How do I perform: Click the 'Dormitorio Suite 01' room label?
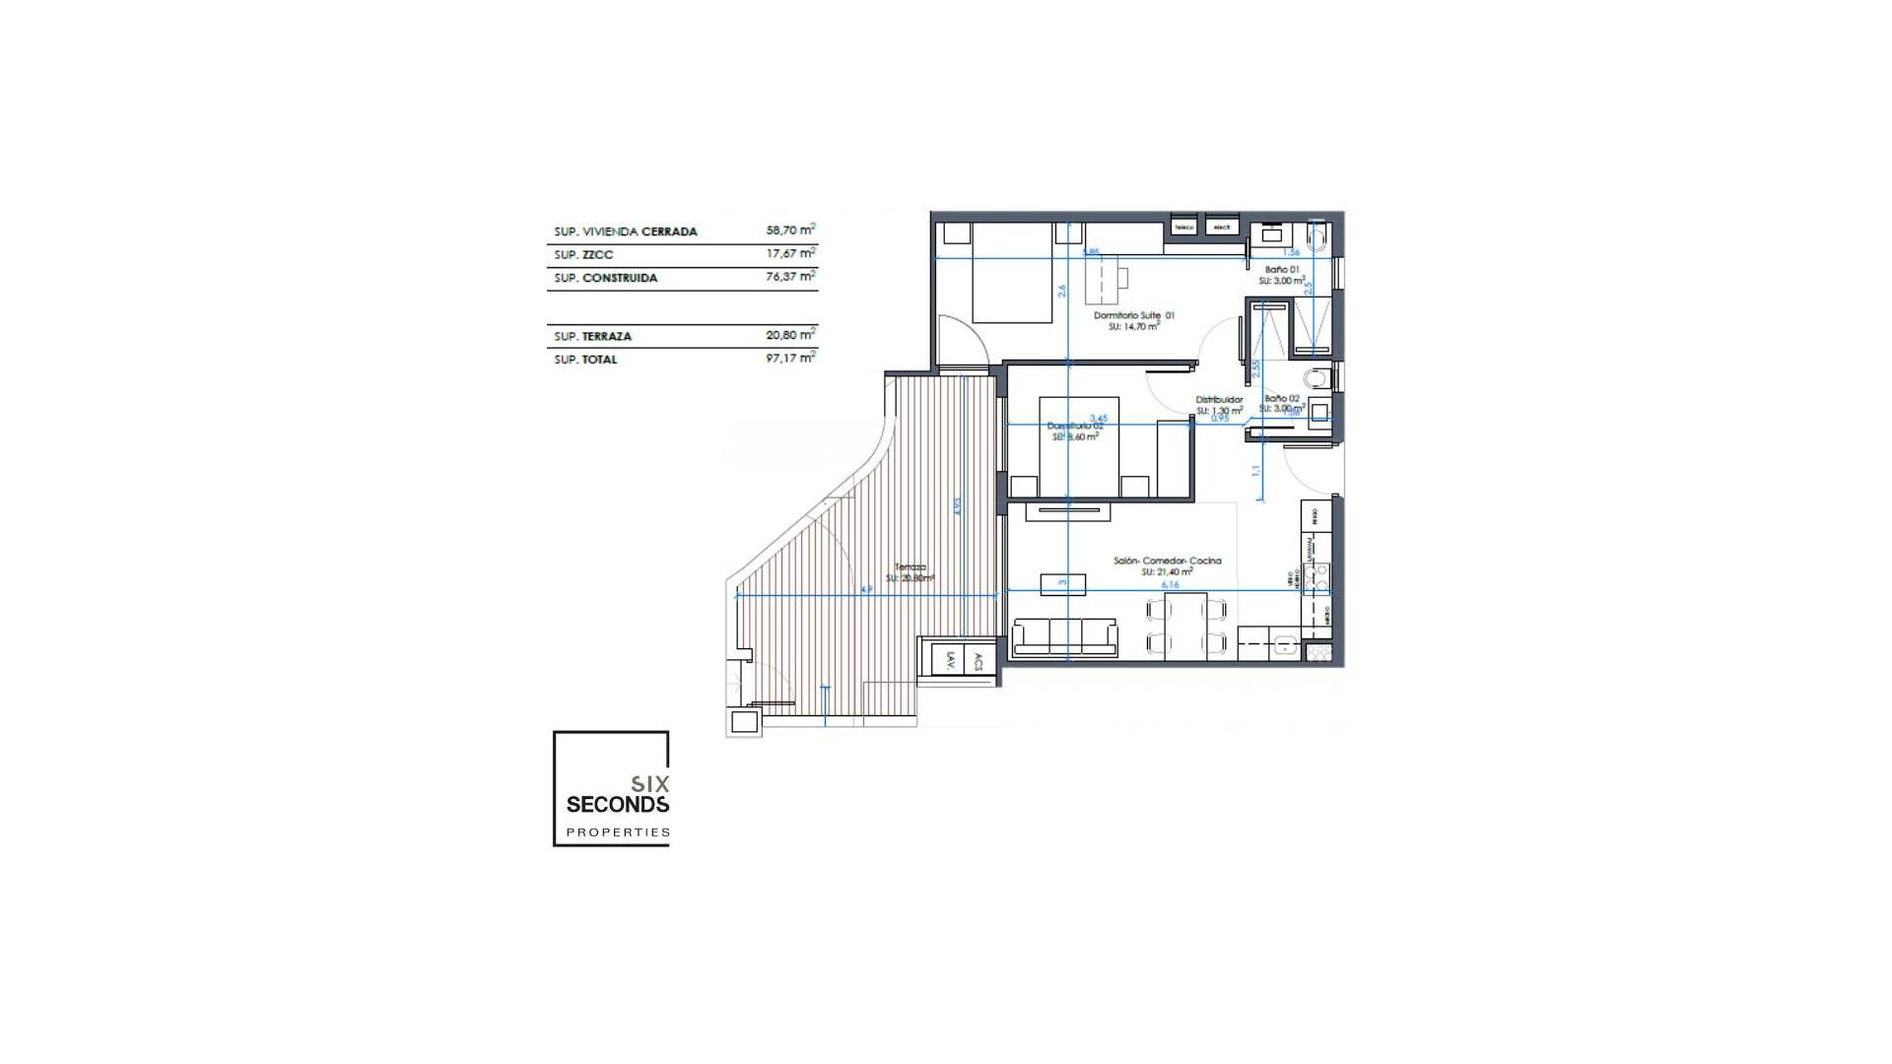point(1133,316)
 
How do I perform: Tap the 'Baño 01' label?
point(1282,269)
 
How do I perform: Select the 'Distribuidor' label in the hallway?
point(1219,400)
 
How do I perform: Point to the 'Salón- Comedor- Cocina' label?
point(1168,561)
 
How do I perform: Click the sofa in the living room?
point(1065,636)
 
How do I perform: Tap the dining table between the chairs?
point(1185,625)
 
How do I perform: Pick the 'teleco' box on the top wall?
point(1183,228)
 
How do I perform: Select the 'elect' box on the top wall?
point(1222,228)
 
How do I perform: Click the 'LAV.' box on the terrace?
point(950,660)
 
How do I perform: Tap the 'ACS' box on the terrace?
point(978,660)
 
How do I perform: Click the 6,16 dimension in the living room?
point(1170,585)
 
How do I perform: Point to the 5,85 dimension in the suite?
point(1090,252)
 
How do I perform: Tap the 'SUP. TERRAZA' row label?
point(592,337)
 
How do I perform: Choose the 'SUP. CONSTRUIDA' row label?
point(605,279)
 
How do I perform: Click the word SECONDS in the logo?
point(617,805)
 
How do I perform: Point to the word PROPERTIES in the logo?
point(618,832)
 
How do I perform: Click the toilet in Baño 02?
point(1316,378)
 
